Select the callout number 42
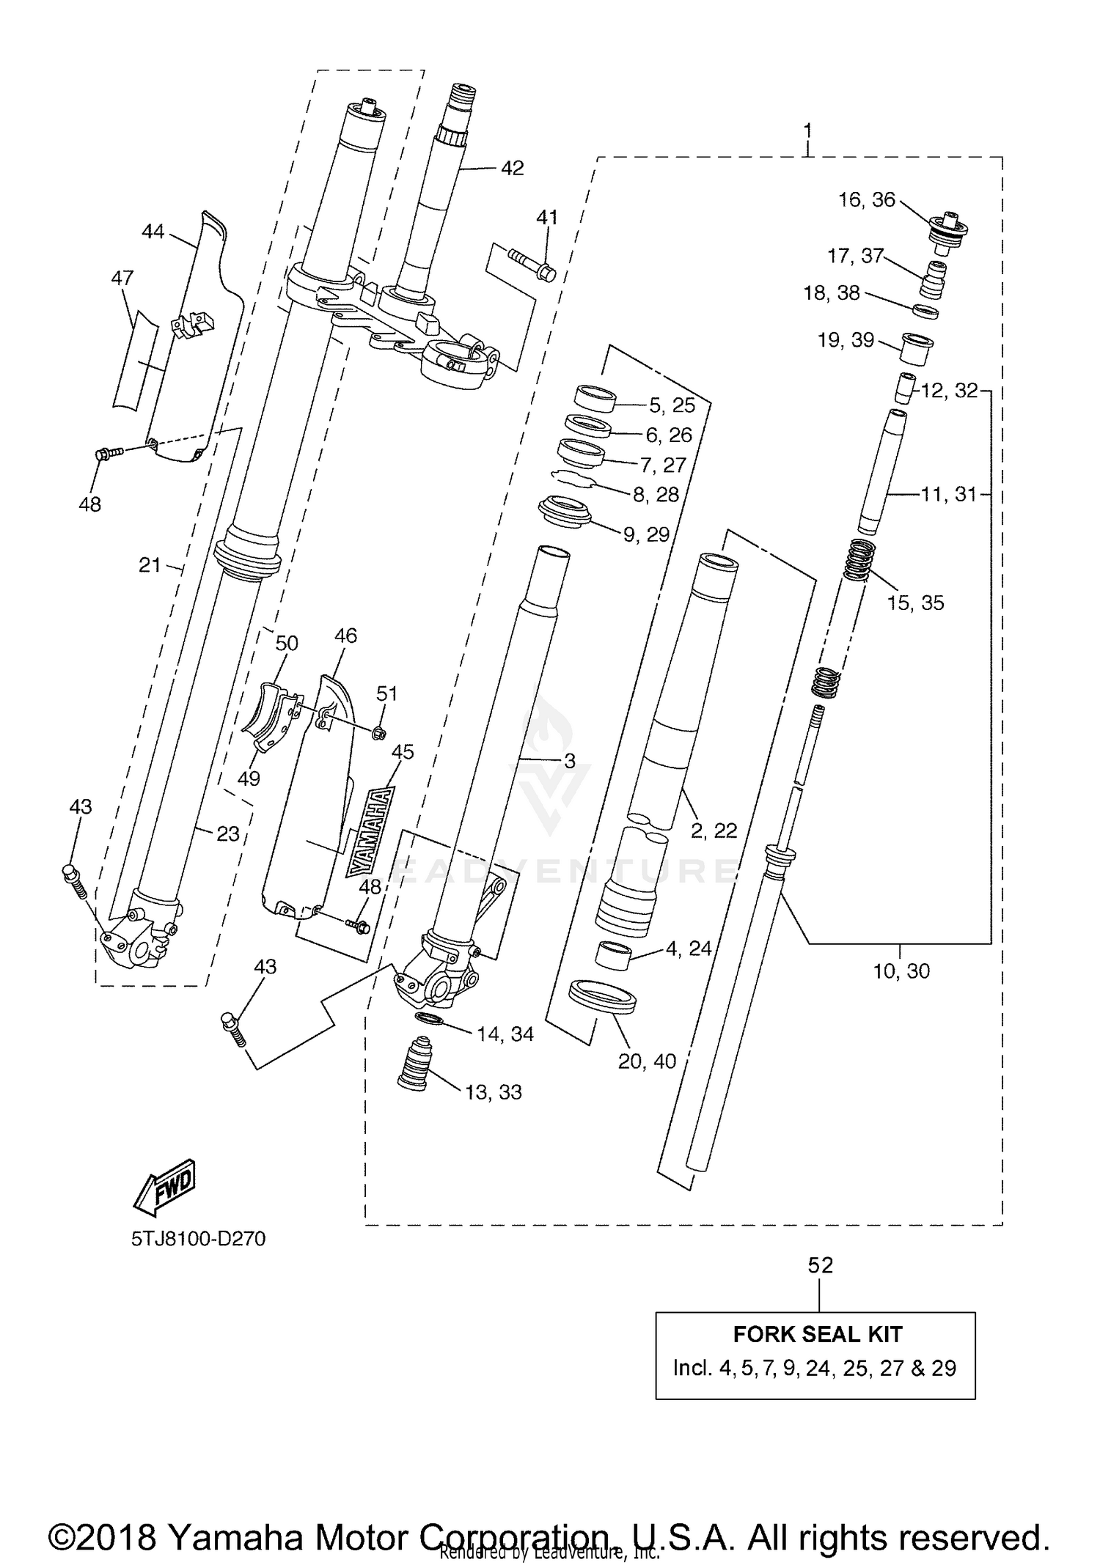(x=512, y=168)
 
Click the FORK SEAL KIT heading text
(x=817, y=1334)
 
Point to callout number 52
(x=821, y=1265)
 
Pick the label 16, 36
(x=867, y=200)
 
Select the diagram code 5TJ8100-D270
(x=198, y=1240)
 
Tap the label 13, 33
(x=494, y=1092)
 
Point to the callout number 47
(x=122, y=278)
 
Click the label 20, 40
(x=647, y=1061)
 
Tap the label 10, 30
(x=901, y=971)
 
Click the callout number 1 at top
(x=807, y=132)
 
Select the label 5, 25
(x=672, y=405)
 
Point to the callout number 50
(x=287, y=644)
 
